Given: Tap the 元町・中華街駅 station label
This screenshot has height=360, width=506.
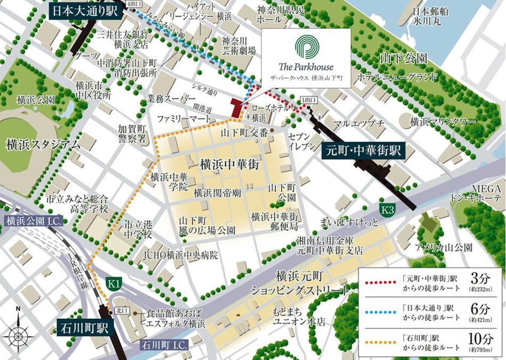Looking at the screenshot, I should click(365, 152).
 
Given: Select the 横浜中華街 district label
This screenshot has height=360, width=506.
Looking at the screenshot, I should click(230, 164).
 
